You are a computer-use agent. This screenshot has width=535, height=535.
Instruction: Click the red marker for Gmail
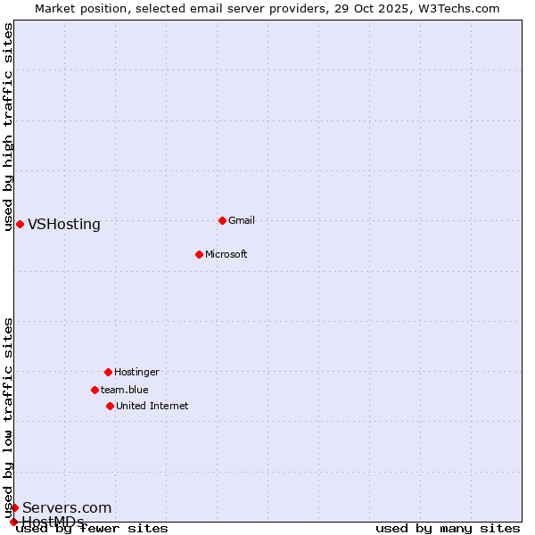click(222, 220)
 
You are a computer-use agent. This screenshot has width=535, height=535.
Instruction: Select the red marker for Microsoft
click(199, 254)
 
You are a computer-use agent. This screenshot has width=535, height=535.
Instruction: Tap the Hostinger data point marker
click(108, 372)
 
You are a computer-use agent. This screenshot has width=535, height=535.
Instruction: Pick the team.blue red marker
click(95, 390)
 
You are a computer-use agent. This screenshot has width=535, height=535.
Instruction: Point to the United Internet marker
click(110, 406)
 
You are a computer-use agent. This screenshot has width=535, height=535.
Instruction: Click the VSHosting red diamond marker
click(20, 224)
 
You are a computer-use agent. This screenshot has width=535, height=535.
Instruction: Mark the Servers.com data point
click(14, 507)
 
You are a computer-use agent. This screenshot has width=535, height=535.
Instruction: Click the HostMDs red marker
click(13, 522)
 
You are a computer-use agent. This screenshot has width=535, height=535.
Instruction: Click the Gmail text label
click(242, 221)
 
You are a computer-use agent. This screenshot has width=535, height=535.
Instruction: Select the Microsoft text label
click(226, 255)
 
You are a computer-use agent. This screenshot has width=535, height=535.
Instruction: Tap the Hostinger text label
click(136, 373)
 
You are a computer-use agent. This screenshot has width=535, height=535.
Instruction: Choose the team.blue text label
click(125, 391)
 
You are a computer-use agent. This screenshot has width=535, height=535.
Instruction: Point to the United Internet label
click(152, 407)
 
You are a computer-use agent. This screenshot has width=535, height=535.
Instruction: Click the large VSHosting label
click(64, 225)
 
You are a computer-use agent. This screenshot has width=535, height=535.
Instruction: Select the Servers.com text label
click(67, 508)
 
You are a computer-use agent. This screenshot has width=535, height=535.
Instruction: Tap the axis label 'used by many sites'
click(448, 529)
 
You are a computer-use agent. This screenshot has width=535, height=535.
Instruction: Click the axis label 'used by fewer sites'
click(92, 529)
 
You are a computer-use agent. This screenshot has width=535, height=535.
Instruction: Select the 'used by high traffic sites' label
click(8, 128)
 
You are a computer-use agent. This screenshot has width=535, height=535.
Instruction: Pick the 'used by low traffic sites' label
click(8, 417)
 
